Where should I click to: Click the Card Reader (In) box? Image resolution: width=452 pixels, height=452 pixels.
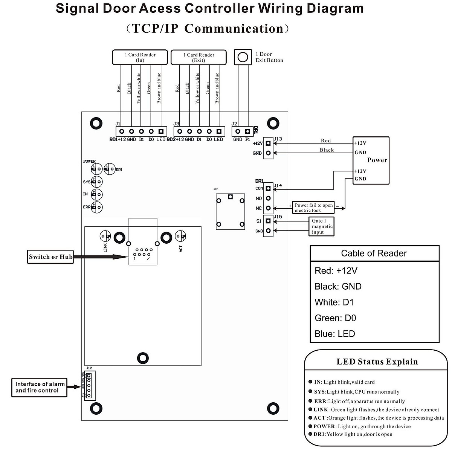click(x=140, y=57)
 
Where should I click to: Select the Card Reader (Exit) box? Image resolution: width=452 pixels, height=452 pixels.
click(x=199, y=58)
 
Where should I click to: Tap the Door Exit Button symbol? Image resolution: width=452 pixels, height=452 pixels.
click(x=243, y=57)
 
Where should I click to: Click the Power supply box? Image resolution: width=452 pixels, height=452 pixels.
click(x=371, y=160)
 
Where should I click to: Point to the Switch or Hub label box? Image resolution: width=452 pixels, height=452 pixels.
click(x=50, y=257)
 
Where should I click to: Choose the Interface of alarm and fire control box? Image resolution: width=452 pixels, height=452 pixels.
click(x=40, y=387)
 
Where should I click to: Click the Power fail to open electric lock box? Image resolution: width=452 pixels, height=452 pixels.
click(x=313, y=208)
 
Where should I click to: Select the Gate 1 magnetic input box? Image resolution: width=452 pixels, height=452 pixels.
click(x=322, y=226)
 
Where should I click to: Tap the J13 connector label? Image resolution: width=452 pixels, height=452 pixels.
click(x=278, y=139)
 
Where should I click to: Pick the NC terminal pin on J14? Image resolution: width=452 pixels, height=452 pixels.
click(x=268, y=208)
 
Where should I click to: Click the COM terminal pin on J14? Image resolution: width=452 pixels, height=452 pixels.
click(x=268, y=188)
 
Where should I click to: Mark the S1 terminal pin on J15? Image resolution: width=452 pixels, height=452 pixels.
click(x=268, y=221)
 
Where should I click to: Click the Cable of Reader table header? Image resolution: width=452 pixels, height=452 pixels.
click(x=374, y=253)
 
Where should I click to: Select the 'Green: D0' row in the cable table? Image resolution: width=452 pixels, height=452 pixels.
click(x=335, y=318)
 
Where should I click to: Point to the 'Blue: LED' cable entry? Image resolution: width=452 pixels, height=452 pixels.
click(x=335, y=334)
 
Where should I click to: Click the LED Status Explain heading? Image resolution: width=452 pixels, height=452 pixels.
click(x=377, y=362)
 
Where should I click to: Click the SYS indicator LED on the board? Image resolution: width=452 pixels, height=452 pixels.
click(x=97, y=182)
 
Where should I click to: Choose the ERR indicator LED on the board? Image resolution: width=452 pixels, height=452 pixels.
click(x=97, y=207)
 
